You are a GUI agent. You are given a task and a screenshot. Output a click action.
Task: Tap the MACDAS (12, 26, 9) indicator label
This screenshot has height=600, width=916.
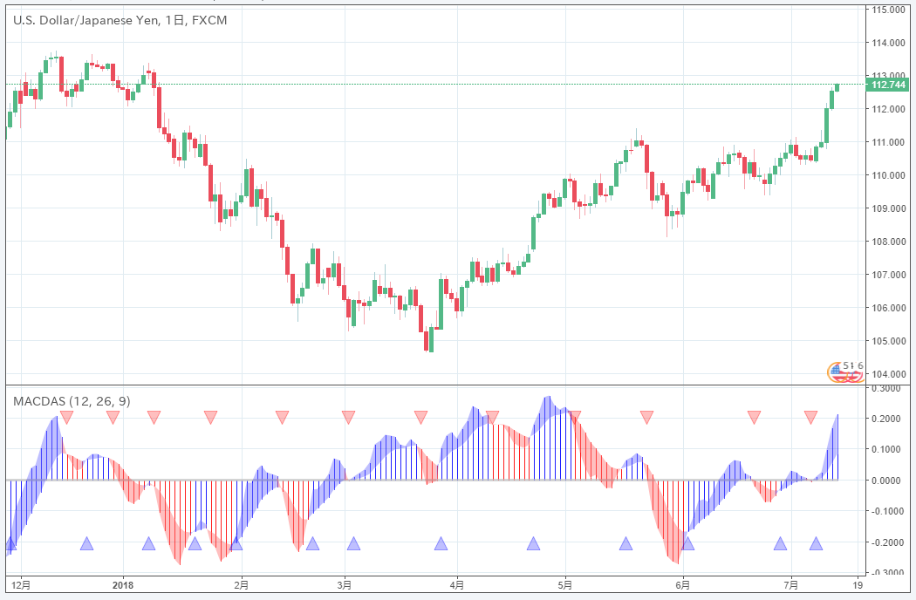[x=72, y=400]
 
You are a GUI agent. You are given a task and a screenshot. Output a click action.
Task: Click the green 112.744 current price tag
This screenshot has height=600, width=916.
[x=888, y=85]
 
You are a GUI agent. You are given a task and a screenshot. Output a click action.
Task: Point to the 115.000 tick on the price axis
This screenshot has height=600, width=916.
[x=886, y=10]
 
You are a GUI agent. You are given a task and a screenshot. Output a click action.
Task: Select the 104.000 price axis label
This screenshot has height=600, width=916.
[x=886, y=374]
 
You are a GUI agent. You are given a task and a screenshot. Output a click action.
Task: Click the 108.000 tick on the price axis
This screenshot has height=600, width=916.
[x=886, y=242]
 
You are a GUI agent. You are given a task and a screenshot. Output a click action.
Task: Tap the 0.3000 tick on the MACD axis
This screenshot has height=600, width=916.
[x=886, y=388]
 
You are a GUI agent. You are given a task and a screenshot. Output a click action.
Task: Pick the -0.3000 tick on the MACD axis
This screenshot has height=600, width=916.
[x=886, y=573]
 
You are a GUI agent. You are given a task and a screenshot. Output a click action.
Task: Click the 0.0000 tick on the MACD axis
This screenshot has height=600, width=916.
[x=886, y=481]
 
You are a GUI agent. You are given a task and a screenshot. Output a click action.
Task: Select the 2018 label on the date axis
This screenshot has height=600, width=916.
[x=123, y=583]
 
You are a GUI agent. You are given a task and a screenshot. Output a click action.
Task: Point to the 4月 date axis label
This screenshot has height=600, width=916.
[x=456, y=583]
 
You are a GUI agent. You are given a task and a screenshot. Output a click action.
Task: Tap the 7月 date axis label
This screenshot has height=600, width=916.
[x=791, y=583]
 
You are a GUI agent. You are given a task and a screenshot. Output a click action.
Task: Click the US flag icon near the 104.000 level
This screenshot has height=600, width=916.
[x=837, y=372]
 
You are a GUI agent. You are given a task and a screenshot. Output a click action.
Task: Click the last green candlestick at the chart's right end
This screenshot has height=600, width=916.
[x=837, y=86]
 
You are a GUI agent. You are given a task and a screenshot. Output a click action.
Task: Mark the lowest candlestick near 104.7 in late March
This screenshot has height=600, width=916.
[x=428, y=339]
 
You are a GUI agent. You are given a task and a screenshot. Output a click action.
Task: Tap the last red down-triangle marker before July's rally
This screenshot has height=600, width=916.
[x=810, y=417]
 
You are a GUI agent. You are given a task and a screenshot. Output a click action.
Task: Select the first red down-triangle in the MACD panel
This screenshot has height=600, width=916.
[x=66, y=417]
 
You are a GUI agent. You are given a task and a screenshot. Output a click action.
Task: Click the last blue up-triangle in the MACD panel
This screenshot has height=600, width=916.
[x=816, y=544]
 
